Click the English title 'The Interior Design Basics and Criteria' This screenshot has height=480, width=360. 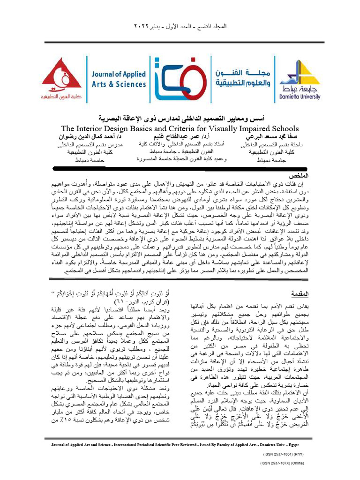point(180,128)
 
